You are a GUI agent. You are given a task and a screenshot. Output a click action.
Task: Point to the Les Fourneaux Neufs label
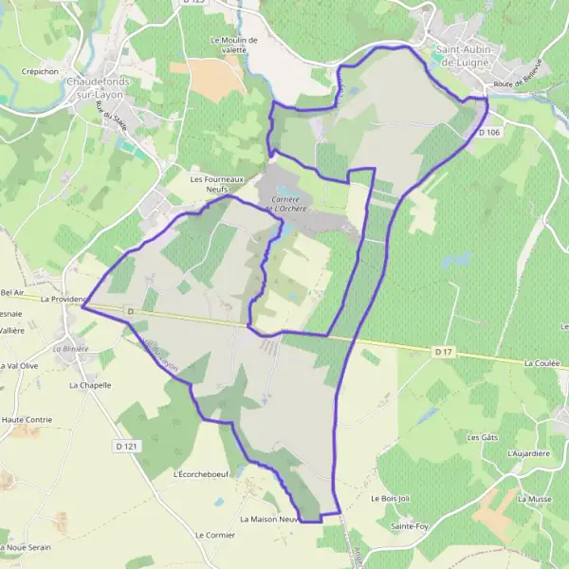217,183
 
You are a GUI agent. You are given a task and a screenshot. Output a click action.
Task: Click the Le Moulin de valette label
234,46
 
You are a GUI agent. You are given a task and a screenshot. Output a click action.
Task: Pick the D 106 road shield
489,133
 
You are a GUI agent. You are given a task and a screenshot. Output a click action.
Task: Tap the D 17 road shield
443,352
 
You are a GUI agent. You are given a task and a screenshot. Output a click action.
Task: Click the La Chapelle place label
90,386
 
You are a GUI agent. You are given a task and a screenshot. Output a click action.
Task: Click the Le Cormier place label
214,535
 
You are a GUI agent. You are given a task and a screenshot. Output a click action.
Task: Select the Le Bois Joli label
389,497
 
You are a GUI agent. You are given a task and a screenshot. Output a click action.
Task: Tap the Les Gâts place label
483,437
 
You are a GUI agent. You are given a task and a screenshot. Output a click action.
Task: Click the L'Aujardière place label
528,453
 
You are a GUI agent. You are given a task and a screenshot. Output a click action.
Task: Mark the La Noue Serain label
26,547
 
